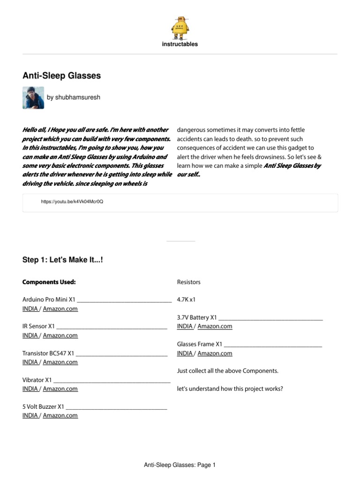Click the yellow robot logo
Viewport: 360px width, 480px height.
point(180,28)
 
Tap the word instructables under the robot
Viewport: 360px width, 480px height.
point(180,44)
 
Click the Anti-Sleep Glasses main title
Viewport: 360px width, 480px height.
point(61,75)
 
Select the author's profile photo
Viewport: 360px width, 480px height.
point(33,97)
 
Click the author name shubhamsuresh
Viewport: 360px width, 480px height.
point(74,97)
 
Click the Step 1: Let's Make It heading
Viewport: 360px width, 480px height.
point(62,260)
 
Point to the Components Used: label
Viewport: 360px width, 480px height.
point(49,282)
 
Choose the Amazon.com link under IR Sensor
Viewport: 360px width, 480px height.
point(60,336)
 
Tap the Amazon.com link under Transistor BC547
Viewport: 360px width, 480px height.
point(60,362)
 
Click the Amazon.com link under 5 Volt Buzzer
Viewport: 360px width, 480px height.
point(60,415)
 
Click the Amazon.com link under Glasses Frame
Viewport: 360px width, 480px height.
point(215,353)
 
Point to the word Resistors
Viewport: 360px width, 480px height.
point(188,282)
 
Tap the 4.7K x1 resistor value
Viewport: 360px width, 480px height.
point(186,300)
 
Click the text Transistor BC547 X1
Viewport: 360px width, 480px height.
point(48,353)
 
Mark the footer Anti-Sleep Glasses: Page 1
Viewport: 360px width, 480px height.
point(180,465)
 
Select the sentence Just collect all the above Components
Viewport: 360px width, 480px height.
point(227,371)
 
